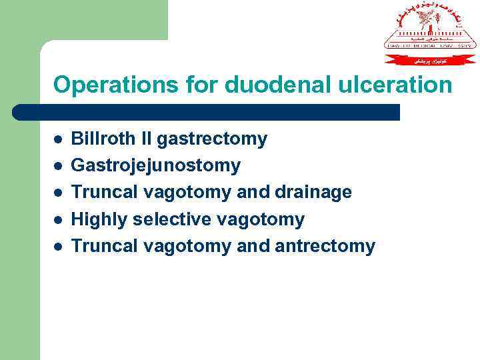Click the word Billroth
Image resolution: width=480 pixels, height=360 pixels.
[x=99, y=139]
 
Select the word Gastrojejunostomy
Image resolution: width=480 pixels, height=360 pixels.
[x=156, y=166]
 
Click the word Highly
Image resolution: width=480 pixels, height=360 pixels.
[x=99, y=219]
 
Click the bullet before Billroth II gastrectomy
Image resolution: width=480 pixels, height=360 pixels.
[x=58, y=140]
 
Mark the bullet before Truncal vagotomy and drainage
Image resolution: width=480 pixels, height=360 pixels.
[x=58, y=193]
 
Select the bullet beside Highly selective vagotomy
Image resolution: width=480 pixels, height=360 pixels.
[x=58, y=220]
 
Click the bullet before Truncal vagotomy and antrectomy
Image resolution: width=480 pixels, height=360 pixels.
[x=58, y=247]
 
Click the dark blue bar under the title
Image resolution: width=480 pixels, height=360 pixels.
[x=207, y=111]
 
